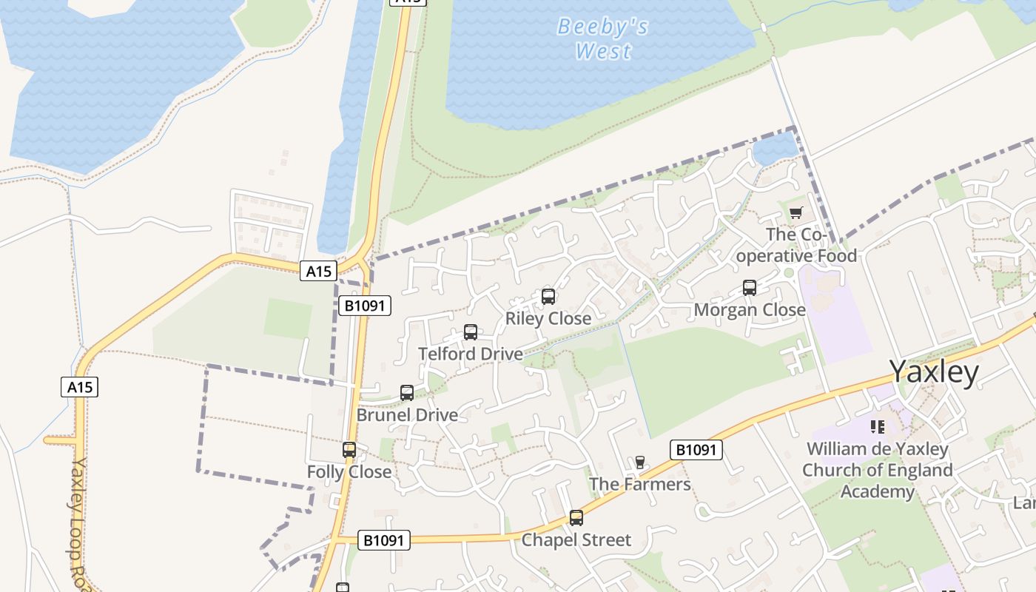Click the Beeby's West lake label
[603, 38]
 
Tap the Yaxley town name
[934, 371]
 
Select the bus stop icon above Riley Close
[548, 297]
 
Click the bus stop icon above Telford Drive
[471, 332]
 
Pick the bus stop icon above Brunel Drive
[407, 393]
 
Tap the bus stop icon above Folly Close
[349, 450]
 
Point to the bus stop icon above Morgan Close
[750, 288]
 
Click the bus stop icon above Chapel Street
[576, 518]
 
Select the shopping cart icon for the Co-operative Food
[796, 213]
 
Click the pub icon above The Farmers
[640, 462]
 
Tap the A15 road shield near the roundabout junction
[319, 271]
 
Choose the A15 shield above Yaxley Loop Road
[79, 387]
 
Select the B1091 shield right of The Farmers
[696, 449]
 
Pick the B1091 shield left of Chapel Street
[383, 540]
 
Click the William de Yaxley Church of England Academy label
[877, 470]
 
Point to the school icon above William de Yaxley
[878, 426]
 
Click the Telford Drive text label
[471, 354]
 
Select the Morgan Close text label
[750, 310]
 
